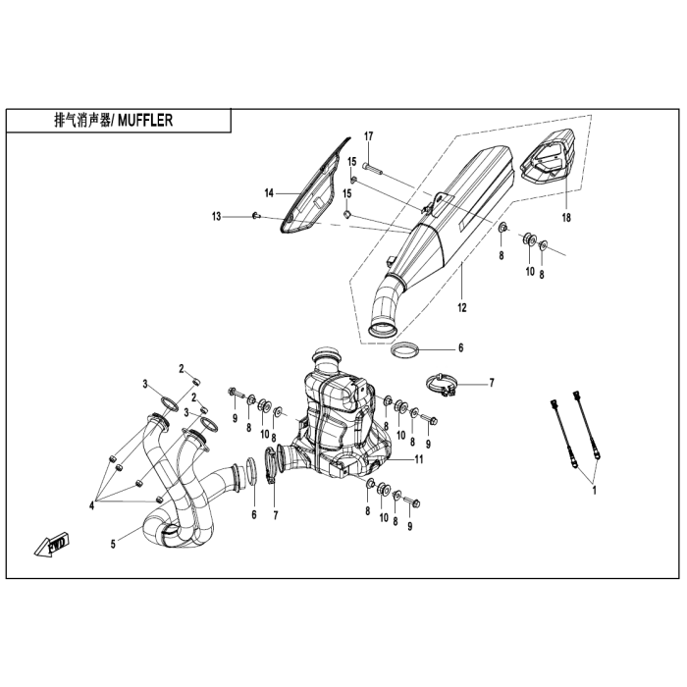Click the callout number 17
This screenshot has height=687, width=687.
pyautogui.click(x=369, y=135)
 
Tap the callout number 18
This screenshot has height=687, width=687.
pyautogui.click(x=566, y=216)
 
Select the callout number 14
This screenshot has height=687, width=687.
pyautogui.click(x=267, y=193)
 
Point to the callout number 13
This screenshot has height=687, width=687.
pyautogui.click(x=217, y=215)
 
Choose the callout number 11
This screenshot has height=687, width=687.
pyautogui.click(x=418, y=458)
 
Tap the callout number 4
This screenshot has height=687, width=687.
pyautogui.click(x=91, y=505)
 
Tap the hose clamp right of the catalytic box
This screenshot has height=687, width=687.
pyautogui.click(x=444, y=386)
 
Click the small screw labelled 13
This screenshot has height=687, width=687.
pyautogui.click(x=255, y=216)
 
